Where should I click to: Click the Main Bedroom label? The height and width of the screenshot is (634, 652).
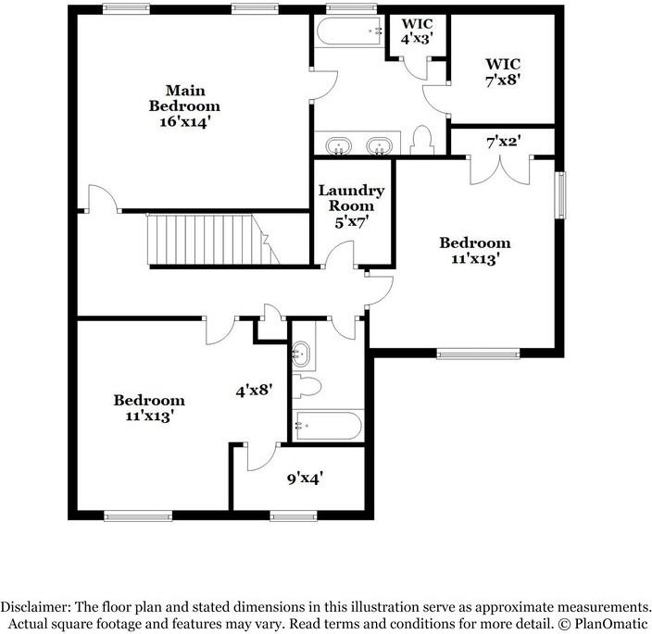[x=184, y=106]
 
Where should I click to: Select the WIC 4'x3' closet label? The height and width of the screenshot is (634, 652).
[x=417, y=31]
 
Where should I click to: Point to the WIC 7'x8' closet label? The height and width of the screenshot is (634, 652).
[x=503, y=71]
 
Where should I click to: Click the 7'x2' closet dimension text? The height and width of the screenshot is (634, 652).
[x=503, y=143]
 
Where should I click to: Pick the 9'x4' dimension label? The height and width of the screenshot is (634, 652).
[x=306, y=479]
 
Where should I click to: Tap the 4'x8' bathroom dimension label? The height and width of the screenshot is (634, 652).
[x=254, y=391]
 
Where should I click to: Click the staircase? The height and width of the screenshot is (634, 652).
[x=213, y=240]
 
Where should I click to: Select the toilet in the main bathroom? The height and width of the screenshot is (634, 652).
[x=422, y=140]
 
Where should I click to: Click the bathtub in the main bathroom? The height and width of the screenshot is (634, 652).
[x=350, y=31]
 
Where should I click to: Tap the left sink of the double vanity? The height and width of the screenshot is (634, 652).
[x=338, y=145]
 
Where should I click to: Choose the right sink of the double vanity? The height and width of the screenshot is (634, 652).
[x=379, y=145]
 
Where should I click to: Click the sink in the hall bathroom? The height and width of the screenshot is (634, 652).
[x=300, y=354]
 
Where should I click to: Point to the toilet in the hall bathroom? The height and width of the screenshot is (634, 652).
[x=307, y=386]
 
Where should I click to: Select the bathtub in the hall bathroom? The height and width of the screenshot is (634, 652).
[x=329, y=426]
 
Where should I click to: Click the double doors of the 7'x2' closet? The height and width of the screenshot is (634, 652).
[x=500, y=170]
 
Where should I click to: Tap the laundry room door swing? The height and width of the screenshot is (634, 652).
[x=339, y=254]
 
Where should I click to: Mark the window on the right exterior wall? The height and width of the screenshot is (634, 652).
[x=560, y=195]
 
